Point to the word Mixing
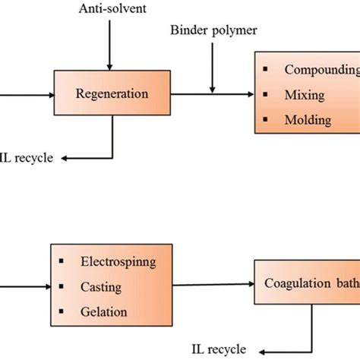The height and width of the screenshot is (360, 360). coord(305,96)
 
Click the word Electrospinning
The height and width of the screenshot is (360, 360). coord(117,262)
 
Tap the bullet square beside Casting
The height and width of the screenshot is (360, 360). coord(60,286)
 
